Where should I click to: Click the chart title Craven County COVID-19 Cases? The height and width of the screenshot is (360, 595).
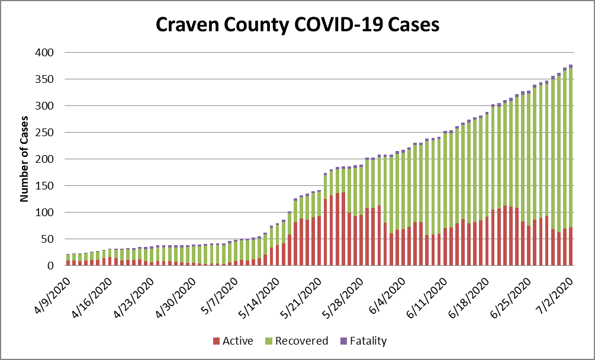tap(297, 25)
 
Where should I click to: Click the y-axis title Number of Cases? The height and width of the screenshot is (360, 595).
tap(25, 158)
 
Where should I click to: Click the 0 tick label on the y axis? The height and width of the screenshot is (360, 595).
tap(51, 266)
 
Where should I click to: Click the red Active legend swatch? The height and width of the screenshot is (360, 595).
tap(217, 341)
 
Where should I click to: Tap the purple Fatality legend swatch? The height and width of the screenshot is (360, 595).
tap(343, 341)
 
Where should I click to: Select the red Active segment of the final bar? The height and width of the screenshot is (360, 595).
tap(571, 246)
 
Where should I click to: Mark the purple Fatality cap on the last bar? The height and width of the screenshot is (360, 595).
tap(571, 66)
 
